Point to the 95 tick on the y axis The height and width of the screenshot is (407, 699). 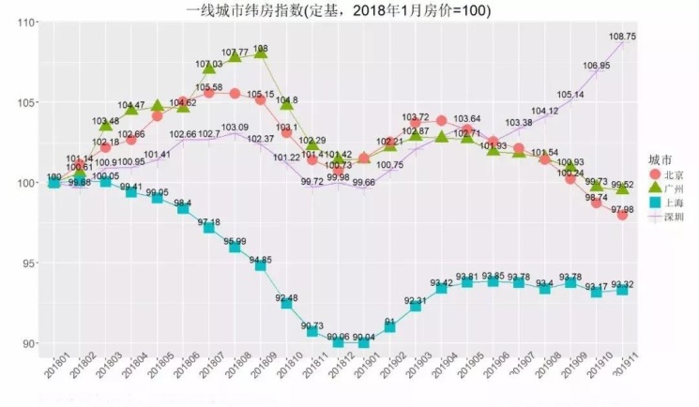click(x=25, y=263)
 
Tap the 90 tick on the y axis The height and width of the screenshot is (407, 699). click(x=25, y=343)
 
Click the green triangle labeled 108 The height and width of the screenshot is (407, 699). click(x=261, y=53)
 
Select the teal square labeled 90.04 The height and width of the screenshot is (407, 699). click(x=364, y=342)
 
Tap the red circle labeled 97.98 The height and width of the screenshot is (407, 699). click(x=622, y=215)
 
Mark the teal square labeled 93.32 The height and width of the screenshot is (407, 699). click(x=622, y=290)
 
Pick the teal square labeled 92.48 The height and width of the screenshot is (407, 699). click(x=286, y=303)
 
